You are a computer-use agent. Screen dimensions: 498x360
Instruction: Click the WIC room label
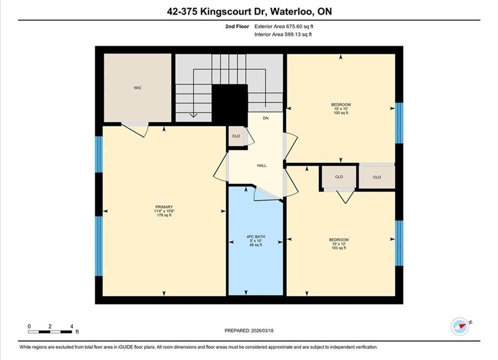[138, 88]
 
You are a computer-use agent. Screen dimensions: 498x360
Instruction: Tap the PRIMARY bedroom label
[164, 207]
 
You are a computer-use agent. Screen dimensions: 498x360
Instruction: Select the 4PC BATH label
[256, 236]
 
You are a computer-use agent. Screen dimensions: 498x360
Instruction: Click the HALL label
[262, 165]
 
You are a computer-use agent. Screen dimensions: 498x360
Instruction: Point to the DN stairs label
[265, 118]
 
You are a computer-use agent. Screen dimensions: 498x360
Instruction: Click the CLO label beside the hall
[236, 136]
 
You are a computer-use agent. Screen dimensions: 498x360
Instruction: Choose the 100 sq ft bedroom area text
[341, 113]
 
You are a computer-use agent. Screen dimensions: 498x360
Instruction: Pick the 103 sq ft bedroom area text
[338, 248]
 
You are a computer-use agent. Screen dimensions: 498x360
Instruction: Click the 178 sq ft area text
[164, 215]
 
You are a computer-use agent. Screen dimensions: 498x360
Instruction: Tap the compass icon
[460, 326]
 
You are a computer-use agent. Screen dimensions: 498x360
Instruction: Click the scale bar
[50, 332]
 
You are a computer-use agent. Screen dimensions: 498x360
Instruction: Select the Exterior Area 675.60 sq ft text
[284, 26]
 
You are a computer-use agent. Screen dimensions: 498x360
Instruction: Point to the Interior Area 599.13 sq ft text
[283, 34]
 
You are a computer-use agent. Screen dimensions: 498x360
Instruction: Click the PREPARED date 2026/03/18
[262, 330]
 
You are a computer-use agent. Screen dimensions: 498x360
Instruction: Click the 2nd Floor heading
[237, 26]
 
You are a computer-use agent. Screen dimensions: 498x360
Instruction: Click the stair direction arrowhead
[193, 115]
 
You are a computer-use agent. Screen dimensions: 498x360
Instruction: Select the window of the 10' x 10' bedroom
[399, 122]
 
